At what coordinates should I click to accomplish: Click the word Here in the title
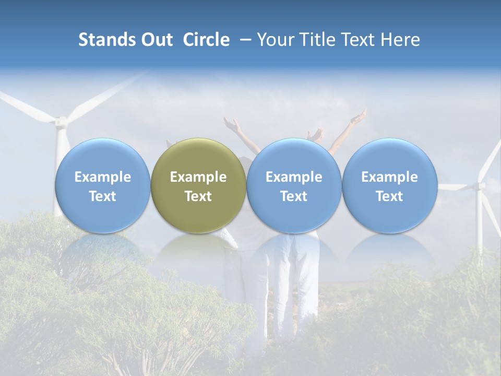pos(400,40)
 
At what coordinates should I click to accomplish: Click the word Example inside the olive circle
pos(198,177)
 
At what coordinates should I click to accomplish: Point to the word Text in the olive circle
pos(198,196)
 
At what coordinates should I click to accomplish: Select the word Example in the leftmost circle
pos(102,177)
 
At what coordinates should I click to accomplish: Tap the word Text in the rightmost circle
pos(389,196)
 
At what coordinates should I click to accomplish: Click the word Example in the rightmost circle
pos(389,177)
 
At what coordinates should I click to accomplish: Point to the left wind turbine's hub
pos(61,122)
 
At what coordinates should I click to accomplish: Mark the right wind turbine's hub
pos(479,186)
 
